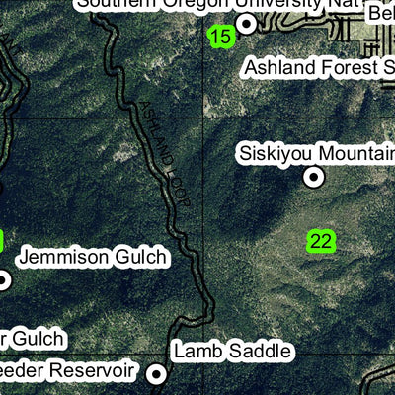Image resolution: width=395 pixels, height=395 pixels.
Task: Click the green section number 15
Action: (x=221, y=38)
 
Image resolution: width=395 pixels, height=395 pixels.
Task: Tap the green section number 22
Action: (x=321, y=241)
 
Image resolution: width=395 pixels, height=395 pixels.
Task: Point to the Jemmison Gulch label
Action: (x=93, y=258)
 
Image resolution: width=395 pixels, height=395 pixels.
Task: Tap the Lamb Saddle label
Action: (x=232, y=351)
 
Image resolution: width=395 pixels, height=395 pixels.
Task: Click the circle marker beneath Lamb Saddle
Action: (x=156, y=374)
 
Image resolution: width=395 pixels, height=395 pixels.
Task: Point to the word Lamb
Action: (x=195, y=351)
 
